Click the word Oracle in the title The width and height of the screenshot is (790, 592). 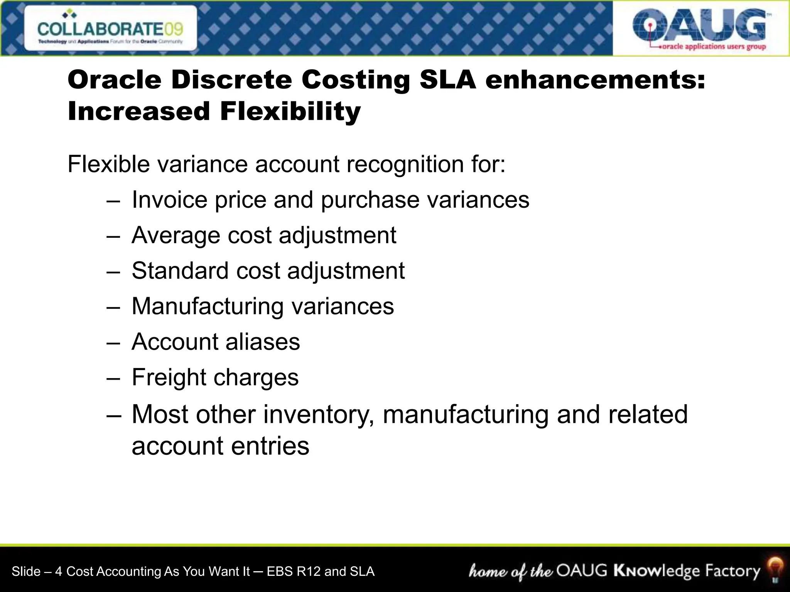click(x=115, y=80)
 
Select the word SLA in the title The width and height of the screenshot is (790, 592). click(x=448, y=80)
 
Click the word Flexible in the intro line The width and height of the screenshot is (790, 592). click(x=108, y=164)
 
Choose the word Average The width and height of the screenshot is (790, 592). click(x=176, y=235)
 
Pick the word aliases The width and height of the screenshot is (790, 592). click(x=262, y=342)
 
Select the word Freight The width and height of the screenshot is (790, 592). click(x=169, y=377)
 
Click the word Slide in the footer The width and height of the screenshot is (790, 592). click(x=26, y=571)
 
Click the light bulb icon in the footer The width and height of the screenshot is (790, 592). click(x=775, y=570)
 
